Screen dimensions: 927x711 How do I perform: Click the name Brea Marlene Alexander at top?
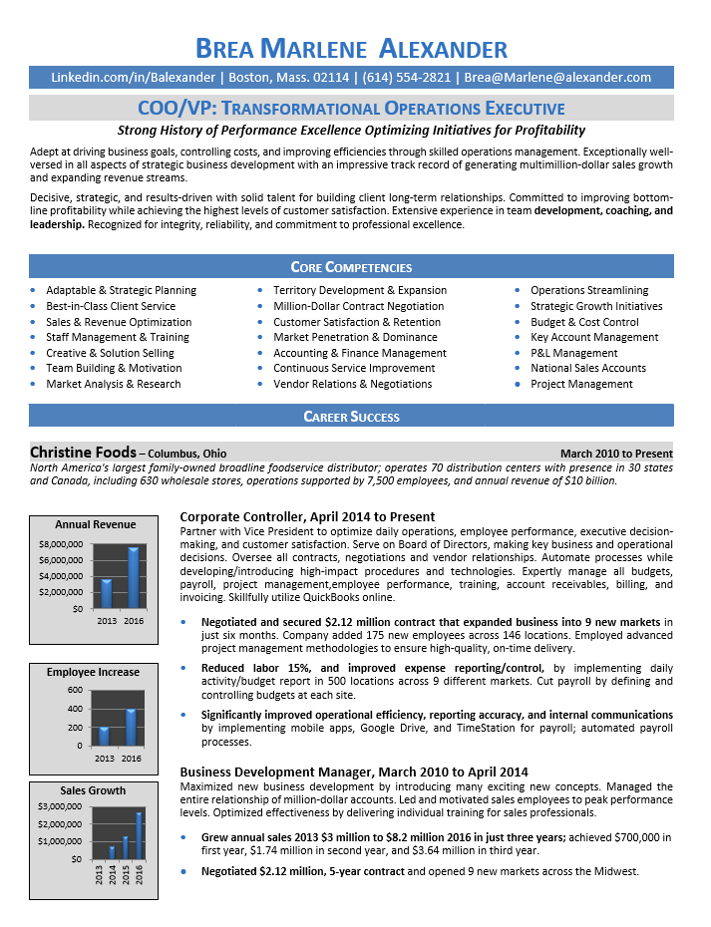pos(351,48)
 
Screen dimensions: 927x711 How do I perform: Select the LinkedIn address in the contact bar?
pos(133,77)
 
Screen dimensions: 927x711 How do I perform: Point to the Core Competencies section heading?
pos(351,267)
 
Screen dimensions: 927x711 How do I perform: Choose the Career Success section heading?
pos(351,417)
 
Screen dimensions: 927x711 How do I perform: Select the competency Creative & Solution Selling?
pos(110,353)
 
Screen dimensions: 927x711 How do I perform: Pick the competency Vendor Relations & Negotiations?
pos(352,384)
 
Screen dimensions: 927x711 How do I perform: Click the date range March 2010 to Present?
pos(616,453)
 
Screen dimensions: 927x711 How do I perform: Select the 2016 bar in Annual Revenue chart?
pos(133,577)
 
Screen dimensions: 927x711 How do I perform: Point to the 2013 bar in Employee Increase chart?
pos(105,736)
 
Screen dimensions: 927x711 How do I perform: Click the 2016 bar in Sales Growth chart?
pos(139,835)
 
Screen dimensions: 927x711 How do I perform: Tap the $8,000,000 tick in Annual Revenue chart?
pos(61,544)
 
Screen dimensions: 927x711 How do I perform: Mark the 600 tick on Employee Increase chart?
pos(76,690)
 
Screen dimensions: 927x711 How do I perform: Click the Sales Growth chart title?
pos(93,790)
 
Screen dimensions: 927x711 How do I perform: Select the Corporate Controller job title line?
pos(306,516)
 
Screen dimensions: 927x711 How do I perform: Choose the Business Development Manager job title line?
pos(353,772)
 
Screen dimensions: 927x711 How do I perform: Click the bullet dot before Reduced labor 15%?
pos(185,667)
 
